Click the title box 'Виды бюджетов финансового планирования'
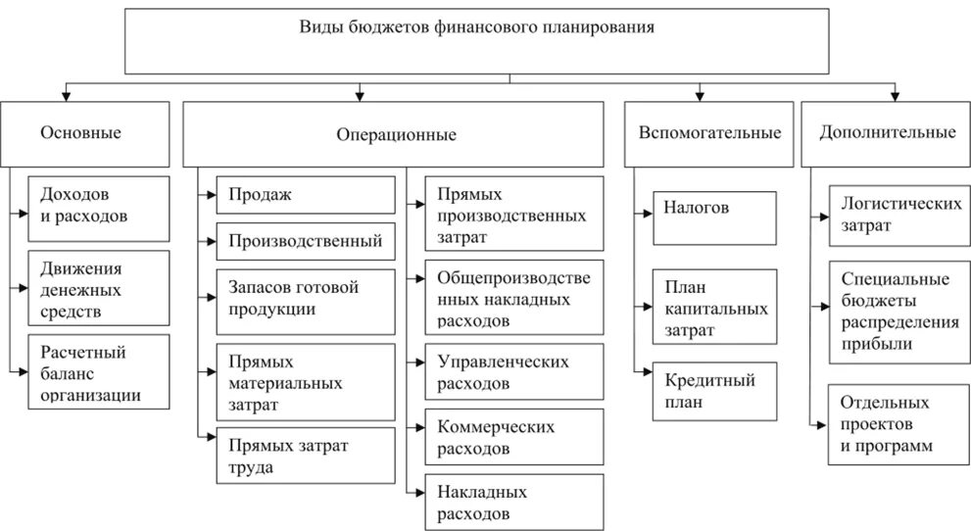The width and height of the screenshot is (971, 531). [510, 42]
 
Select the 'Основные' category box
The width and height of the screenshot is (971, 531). [80, 133]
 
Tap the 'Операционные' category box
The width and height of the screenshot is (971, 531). [396, 134]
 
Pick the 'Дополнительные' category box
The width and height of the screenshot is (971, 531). [888, 133]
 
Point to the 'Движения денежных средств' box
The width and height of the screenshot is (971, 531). [98, 288]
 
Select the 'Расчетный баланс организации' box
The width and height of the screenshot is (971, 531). [98, 370]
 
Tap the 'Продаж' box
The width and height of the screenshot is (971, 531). [307, 195]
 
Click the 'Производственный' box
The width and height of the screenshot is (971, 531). [307, 240]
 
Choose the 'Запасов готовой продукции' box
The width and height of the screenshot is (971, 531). [307, 297]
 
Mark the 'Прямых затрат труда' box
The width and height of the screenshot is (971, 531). [307, 456]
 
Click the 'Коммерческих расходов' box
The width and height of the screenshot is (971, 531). [513, 438]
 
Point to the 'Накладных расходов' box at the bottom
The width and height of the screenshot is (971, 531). [513, 502]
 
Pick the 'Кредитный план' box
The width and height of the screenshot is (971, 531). [714, 390]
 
